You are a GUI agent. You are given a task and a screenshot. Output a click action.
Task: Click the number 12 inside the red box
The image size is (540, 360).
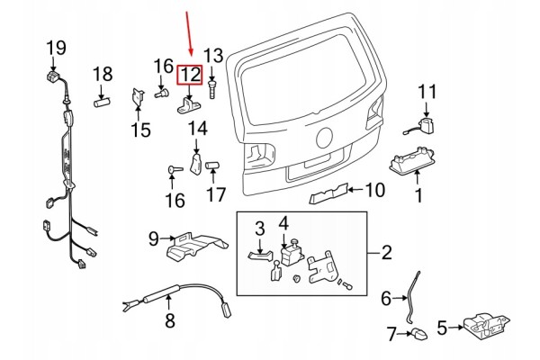coord(190,75)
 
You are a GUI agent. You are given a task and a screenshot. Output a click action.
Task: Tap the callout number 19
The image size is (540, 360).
coord(56,48)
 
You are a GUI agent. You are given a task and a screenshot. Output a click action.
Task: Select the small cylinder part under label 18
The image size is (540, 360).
coord(102,103)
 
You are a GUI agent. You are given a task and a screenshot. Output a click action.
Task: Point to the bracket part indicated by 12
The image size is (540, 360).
coord(189,105)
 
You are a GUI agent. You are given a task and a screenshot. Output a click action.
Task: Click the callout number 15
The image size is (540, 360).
coord(141,130)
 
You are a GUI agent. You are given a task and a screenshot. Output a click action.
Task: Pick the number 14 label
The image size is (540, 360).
coord(198,128)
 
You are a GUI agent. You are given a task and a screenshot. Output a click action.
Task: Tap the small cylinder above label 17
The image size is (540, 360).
coord(212,166)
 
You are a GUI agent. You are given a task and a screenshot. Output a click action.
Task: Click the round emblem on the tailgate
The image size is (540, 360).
coord(324,138)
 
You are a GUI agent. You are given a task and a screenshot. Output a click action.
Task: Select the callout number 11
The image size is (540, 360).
coord(427,92)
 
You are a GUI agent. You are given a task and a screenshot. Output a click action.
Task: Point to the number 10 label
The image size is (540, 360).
coord(374,190)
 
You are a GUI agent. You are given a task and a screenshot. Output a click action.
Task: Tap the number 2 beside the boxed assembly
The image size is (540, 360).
coord(387,253)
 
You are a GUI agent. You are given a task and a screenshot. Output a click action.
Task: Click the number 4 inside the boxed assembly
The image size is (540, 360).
coord(283,223)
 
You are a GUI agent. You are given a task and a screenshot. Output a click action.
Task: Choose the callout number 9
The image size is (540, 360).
coord(154,238)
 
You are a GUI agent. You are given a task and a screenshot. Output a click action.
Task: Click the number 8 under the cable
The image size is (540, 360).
coord(170,320)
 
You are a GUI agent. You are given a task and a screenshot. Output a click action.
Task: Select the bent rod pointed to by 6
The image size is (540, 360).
coord(411,298)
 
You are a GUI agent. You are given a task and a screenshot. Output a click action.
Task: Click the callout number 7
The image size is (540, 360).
coord(391,334)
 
